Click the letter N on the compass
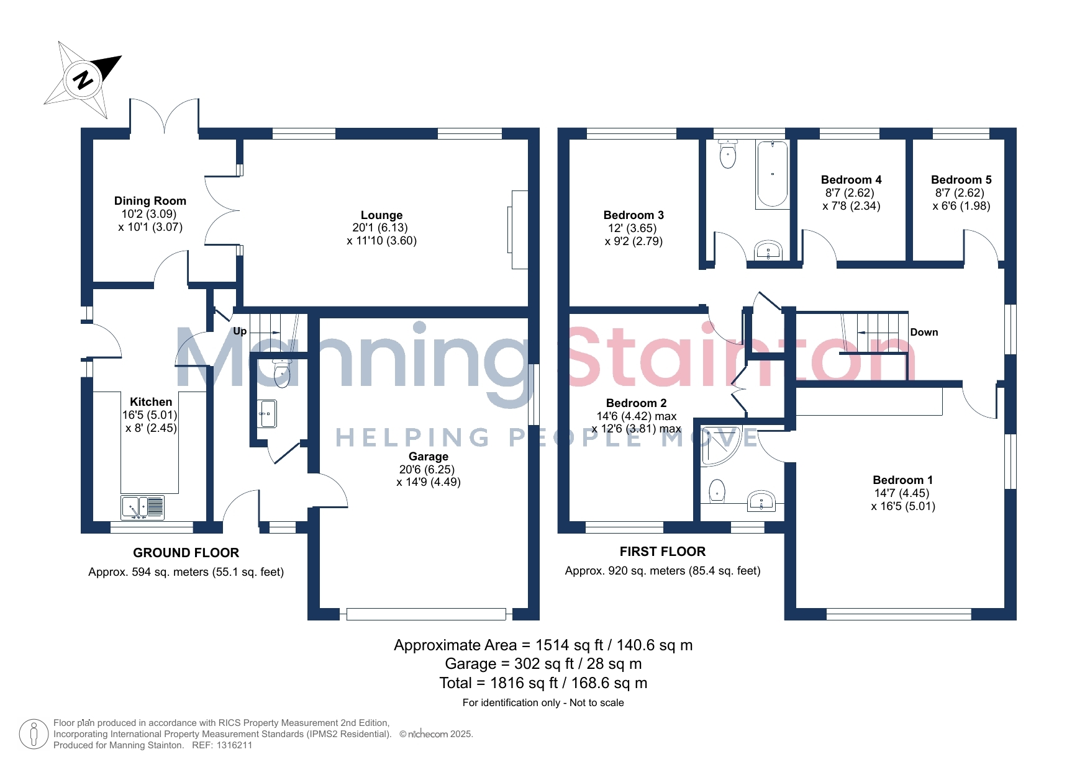[x=83, y=79]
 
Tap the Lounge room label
[x=381, y=215]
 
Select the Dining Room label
[x=150, y=200]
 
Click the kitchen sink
[x=142, y=507]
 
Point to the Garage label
[x=429, y=457]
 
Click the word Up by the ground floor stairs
[x=240, y=331]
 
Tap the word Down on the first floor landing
[x=924, y=333]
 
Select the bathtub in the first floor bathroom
[x=772, y=174]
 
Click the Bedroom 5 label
[x=961, y=180]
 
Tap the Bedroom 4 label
[x=851, y=180]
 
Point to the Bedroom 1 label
[x=902, y=480]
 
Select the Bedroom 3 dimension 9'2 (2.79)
[x=634, y=241]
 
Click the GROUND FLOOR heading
[x=186, y=553]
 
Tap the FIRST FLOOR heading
[x=663, y=552]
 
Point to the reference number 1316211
[x=234, y=745]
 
